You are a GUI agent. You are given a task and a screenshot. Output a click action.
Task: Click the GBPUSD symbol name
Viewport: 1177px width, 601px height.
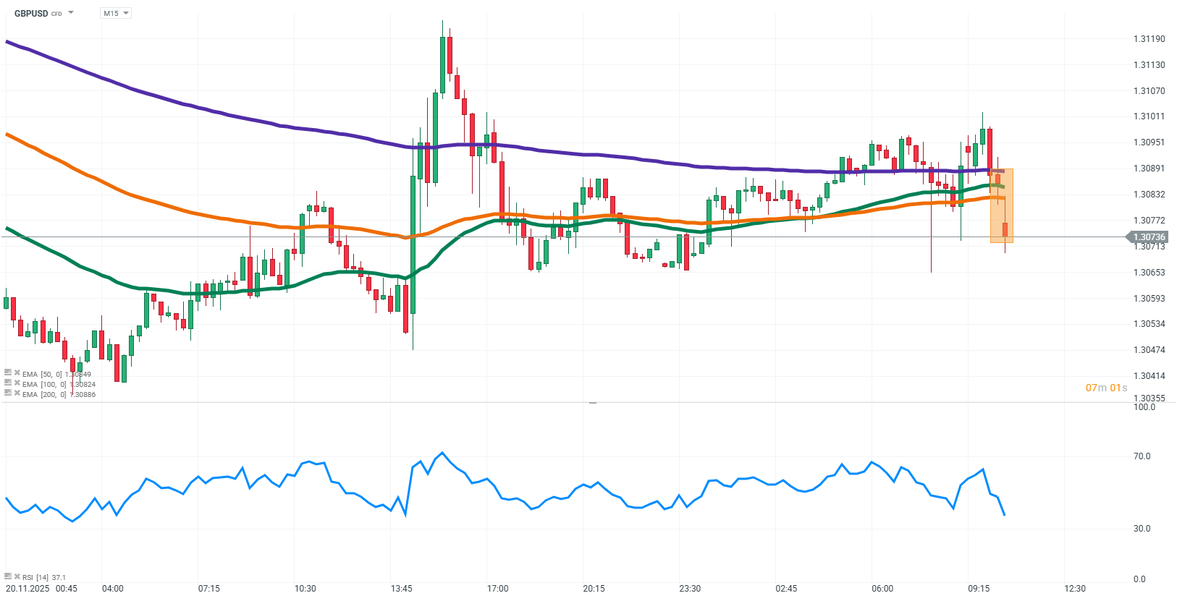click(31, 13)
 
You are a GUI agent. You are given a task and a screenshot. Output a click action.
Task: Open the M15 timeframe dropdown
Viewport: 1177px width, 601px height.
click(115, 13)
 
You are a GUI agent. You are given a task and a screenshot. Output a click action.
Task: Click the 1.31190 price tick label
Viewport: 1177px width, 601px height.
click(1149, 39)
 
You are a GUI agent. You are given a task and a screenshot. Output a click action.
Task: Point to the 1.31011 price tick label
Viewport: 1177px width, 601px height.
click(1149, 116)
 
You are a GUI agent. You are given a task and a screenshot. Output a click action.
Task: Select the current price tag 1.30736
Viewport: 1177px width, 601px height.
click(1149, 237)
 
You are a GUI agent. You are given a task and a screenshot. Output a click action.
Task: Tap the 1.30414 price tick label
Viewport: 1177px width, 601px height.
click(1149, 376)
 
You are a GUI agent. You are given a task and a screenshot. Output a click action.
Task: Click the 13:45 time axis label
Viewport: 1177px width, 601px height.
click(401, 589)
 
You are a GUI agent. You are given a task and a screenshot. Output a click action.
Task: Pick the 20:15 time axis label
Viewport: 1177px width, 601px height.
click(594, 589)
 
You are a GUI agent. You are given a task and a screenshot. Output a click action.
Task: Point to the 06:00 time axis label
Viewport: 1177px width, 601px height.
click(882, 589)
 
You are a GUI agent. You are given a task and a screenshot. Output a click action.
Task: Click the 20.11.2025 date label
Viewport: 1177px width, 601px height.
click(25, 589)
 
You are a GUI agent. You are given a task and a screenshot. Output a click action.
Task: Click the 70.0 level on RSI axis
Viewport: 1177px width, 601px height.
click(1142, 456)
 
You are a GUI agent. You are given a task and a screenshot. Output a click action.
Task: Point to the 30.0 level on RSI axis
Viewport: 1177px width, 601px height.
click(1142, 529)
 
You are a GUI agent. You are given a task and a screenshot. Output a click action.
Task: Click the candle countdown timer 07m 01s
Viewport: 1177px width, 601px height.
click(1106, 388)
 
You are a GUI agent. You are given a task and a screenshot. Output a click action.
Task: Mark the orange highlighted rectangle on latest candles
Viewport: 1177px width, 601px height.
click(1001, 206)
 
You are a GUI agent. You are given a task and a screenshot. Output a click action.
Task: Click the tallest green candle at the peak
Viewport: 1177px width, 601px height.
click(442, 65)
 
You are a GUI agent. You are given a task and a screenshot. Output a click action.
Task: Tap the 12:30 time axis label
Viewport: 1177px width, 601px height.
click(1075, 589)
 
